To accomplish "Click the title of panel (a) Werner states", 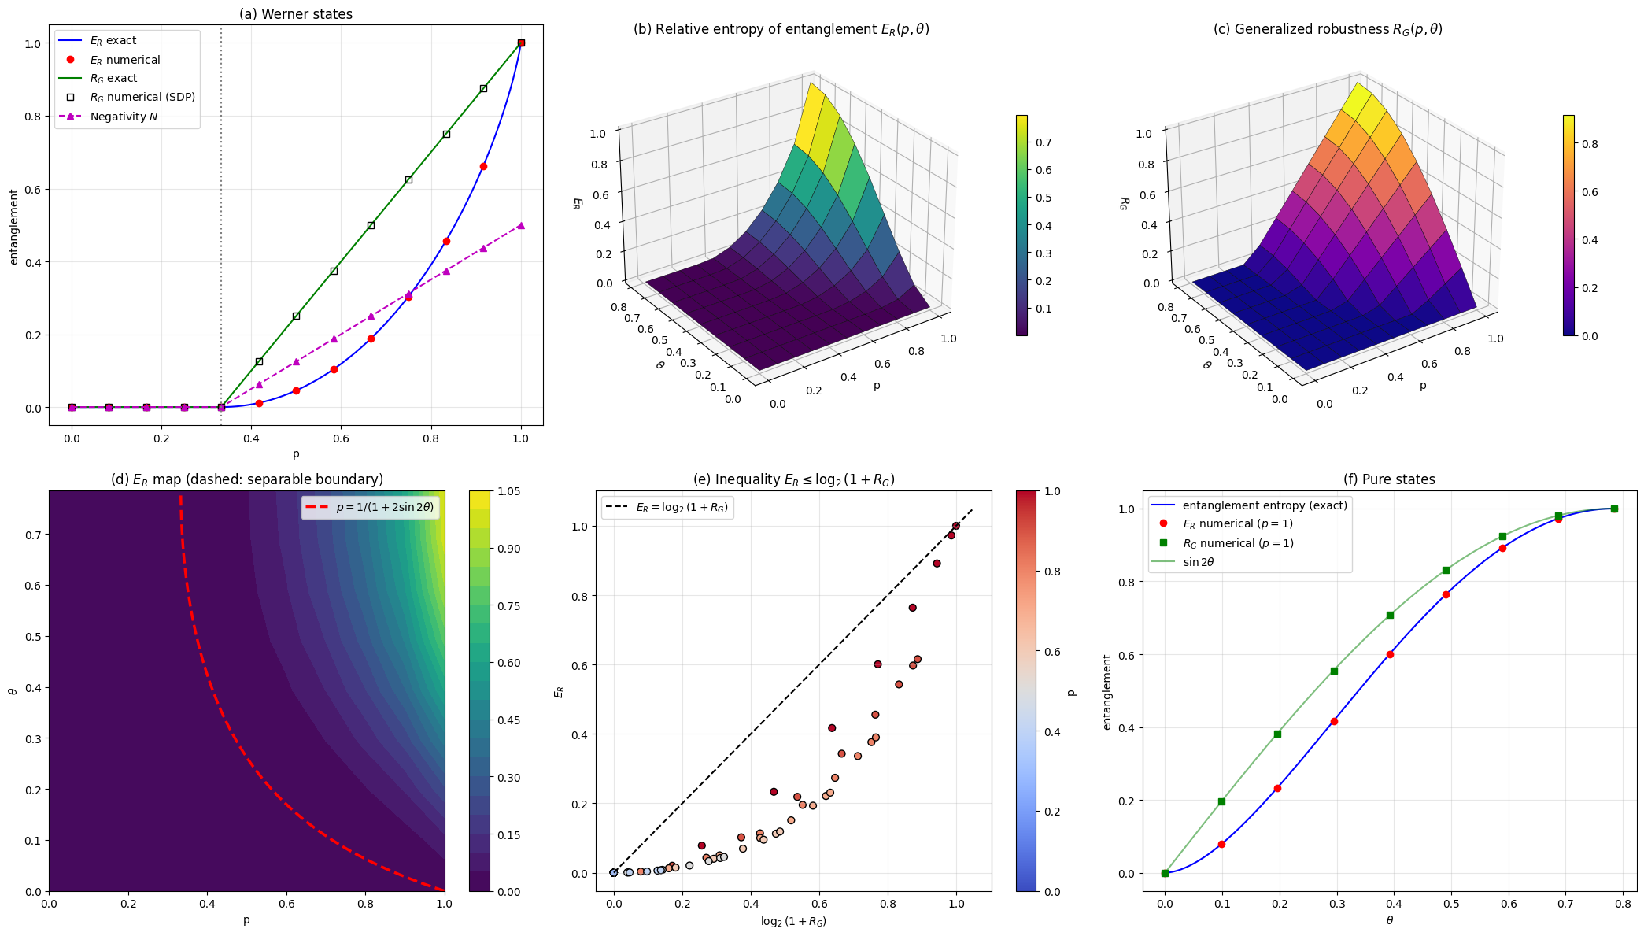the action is [x=296, y=14].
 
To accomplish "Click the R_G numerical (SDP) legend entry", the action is [x=127, y=97].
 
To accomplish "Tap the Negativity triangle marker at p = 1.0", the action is [x=521, y=225].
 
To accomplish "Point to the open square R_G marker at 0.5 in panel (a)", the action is [x=296, y=316].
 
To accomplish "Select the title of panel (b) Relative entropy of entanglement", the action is [x=781, y=29].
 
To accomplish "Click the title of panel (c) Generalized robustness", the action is [x=1328, y=29].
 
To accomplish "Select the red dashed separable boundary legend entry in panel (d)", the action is [x=371, y=508].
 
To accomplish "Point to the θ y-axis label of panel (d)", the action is [x=12, y=691].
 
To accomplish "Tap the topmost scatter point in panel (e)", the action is [x=956, y=526].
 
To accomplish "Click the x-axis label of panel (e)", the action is [x=793, y=921].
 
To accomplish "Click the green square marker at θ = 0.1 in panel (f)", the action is [x=1221, y=801].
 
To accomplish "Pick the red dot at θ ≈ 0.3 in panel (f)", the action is [x=1334, y=721].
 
